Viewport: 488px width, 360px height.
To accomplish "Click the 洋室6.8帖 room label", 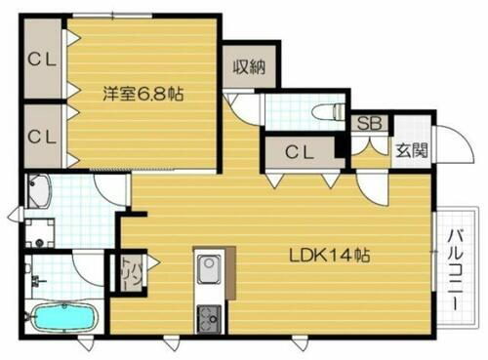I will (145, 95).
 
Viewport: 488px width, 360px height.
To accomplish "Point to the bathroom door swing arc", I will (98, 263).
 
